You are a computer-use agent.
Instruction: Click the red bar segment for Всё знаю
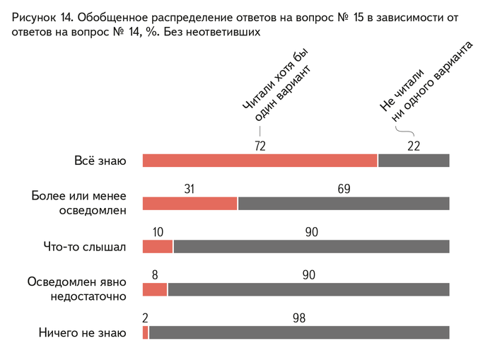coord(260,161)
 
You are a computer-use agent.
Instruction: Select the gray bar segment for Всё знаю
coord(414,161)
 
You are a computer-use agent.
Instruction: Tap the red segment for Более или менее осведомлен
coord(190,204)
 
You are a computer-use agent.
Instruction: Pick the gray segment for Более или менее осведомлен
coord(344,204)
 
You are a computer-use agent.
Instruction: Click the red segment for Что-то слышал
coord(157,247)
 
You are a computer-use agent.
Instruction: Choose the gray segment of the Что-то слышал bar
coord(311,247)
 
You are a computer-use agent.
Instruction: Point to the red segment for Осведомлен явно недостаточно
coord(155,289)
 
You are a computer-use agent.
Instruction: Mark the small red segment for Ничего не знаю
coord(146,332)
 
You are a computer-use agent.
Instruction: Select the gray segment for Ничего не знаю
coord(299,332)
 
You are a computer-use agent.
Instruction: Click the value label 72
coord(260,146)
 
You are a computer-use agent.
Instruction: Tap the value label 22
coord(414,146)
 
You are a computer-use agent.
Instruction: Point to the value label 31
coord(190,189)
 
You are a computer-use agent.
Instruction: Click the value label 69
coord(344,189)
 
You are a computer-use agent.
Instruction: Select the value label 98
coord(299,318)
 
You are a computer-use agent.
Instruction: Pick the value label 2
coord(146,318)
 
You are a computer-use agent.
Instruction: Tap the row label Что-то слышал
coord(84,247)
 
